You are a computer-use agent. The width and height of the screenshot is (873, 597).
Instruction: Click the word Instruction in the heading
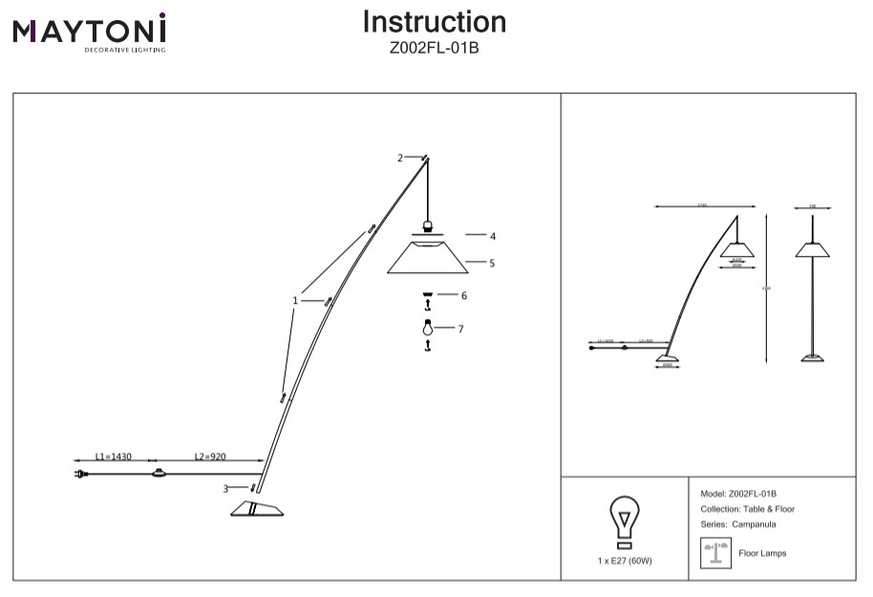pos(435,22)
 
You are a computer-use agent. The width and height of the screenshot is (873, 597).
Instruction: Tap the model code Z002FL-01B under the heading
pos(435,47)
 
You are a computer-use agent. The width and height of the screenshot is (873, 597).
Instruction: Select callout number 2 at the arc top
pos(401,159)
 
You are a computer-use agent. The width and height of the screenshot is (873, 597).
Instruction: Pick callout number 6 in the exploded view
pos(463,296)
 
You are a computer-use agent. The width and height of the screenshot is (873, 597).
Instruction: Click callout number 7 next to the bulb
pos(460,329)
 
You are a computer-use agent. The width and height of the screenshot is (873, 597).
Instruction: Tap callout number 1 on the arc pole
pos(296,301)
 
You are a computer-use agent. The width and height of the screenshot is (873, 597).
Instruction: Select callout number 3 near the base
pos(226,489)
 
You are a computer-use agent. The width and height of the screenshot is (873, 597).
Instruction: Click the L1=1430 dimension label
pos(114,458)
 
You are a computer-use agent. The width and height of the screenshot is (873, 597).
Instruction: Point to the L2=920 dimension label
pos(210,458)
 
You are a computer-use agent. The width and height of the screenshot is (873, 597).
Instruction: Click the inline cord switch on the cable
pos(159,474)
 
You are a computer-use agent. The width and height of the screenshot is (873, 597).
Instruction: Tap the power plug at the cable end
pos(80,474)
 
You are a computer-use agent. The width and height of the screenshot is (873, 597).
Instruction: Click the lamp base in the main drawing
pos(258,508)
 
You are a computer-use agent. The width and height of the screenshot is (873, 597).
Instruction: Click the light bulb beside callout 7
pos(428,329)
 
